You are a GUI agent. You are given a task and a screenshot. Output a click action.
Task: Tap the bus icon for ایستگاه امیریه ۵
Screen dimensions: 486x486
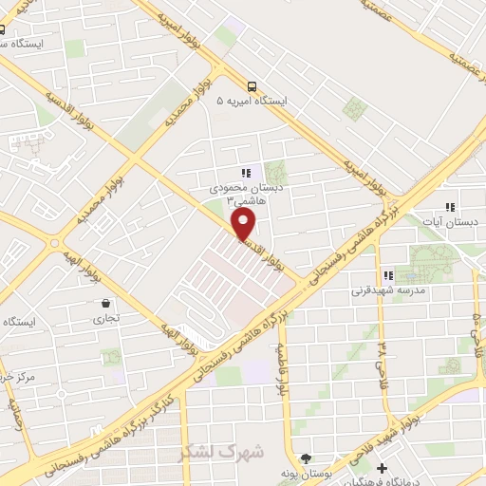pyautogui.click(x=251, y=84)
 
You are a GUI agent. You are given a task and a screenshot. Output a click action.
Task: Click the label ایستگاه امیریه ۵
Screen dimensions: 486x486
pyautogui.click(x=252, y=100)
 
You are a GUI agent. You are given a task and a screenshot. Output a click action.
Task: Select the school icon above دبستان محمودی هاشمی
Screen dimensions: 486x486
pyautogui.click(x=246, y=173)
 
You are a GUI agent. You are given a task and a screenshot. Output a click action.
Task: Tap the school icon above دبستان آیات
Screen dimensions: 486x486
pyautogui.click(x=451, y=207)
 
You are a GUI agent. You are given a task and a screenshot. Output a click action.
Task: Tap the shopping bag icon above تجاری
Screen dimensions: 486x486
pyautogui.click(x=103, y=304)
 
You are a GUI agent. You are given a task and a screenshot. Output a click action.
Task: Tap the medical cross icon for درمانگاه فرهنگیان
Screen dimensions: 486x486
pyautogui.click(x=382, y=468)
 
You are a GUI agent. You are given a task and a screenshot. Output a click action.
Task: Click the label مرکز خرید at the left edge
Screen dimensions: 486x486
pyautogui.click(x=19, y=378)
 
